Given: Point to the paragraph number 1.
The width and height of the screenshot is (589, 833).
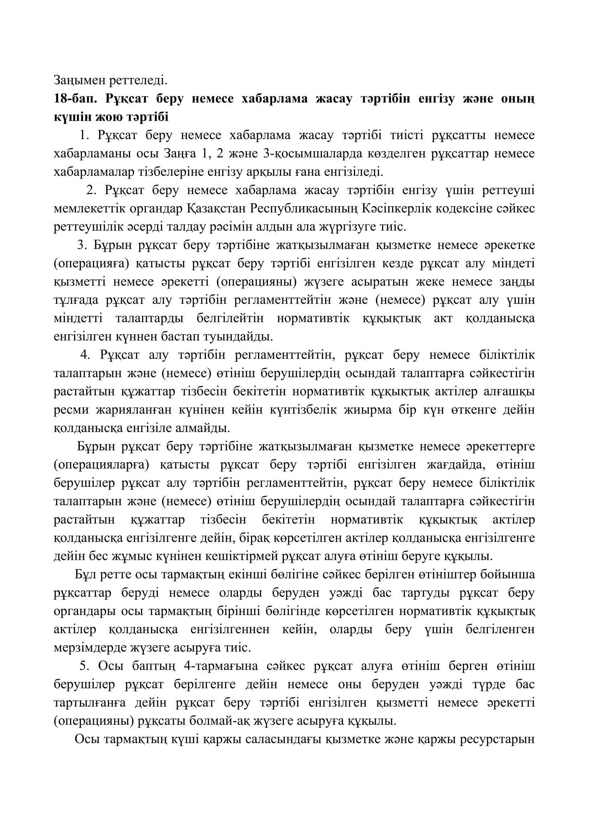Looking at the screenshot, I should (x=84, y=135).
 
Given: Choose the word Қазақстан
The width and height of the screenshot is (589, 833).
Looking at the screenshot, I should (x=217, y=209).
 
